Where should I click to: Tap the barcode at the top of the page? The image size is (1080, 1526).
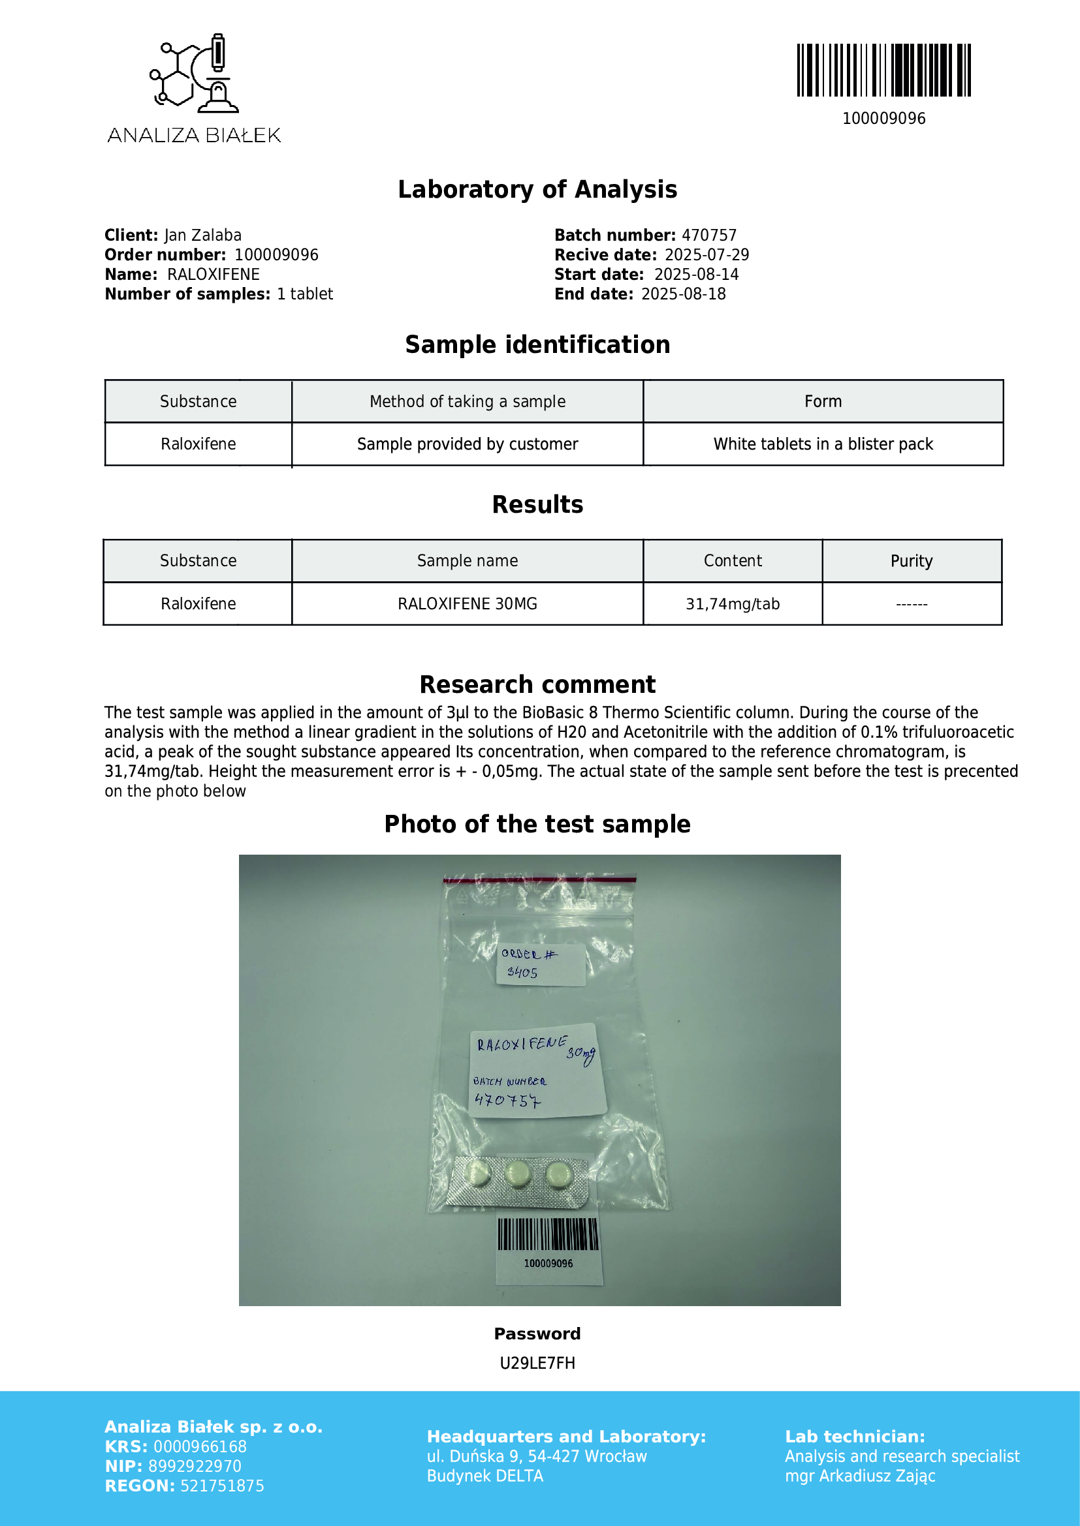point(884,70)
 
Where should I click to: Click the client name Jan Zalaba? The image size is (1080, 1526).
point(203,236)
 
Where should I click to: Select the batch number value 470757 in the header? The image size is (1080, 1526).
point(709,236)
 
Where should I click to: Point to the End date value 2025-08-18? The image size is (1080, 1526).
point(683,294)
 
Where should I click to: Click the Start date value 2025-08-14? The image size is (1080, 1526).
point(696,275)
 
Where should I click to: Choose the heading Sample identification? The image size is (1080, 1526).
point(537,344)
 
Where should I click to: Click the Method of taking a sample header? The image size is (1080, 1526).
point(468,401)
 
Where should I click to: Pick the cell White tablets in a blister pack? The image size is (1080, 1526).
point(823,444)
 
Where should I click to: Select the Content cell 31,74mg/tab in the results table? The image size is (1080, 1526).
point(732,603)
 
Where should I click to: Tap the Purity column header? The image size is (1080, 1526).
point(911,561)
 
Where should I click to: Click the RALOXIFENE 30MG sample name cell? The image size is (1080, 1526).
point(468,603)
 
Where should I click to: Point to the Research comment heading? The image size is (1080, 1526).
point(537,684)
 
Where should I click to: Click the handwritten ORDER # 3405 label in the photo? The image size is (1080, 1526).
point(540,964)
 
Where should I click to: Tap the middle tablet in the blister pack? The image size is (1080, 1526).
point(518,1174)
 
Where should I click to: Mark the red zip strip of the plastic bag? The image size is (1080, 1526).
point(539,880)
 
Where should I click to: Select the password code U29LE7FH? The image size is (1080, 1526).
point(537,1363)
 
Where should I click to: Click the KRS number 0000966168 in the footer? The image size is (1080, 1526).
point(200,1446)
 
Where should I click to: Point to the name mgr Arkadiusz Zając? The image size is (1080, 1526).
point(860,1476)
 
